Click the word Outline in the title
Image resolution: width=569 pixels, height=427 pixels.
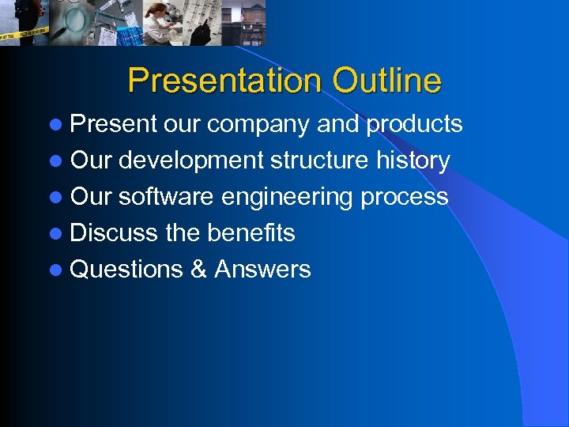tap(386, 81)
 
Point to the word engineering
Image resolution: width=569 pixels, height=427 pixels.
tap(287, 197)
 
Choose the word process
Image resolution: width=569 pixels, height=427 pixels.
tap(404, 197)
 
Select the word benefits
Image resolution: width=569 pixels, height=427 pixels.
tap(251, 233)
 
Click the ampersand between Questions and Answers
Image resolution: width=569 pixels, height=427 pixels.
tap(198, 270)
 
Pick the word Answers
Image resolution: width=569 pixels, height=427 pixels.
tap(262, 270)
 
